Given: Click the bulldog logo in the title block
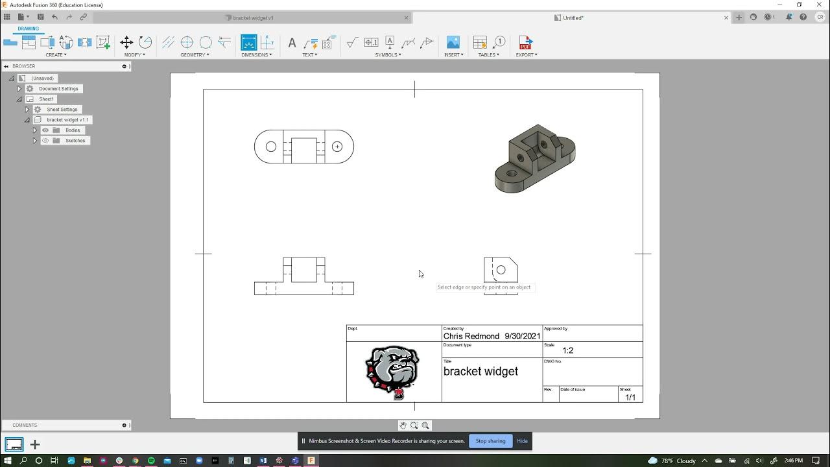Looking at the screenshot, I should (x=393, y=372).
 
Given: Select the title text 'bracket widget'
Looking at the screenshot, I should (x=480, y=372).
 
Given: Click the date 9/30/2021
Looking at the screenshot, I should (x=522, y=336).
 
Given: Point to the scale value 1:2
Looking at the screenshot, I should (x=567, y=350).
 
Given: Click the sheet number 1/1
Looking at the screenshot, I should (x=630, y=398).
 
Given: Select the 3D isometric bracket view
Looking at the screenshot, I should (x=534, y=158).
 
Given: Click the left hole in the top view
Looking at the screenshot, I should (x=271, y=147).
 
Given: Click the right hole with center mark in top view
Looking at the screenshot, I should (x=337, y=147).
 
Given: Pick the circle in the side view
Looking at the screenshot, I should (x=501, y=270).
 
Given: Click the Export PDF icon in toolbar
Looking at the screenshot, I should (x=525, y=43).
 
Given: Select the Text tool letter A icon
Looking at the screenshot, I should (x=292, y=43).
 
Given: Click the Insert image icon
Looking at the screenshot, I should (x=453, y=43).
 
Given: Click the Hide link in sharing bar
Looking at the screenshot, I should (x=522, y=441).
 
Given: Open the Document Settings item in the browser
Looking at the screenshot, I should (x=58, y=89).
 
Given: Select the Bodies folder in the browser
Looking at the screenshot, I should (x=72, y=130).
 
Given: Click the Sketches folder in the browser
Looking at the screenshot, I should (x=75, y=141).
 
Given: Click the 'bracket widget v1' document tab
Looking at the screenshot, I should (x=253, y=18).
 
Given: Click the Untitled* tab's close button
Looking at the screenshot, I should (x=726, y=18).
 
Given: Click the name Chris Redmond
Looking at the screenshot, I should (x=471, y=336).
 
